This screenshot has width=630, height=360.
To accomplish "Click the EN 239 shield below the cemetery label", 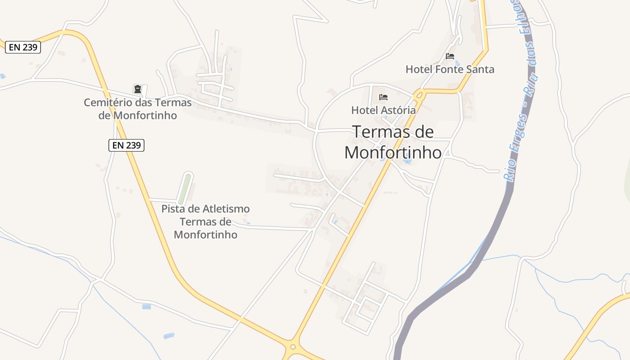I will [x=126, y=145].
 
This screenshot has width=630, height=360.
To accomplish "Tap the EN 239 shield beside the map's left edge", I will [x=23, y=47].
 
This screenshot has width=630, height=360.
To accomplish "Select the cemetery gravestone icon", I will [x=138, y=89].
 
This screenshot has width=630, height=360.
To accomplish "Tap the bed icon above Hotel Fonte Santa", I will [x=450, y=56].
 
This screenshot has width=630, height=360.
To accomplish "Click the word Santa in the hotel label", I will [x=481, y=69].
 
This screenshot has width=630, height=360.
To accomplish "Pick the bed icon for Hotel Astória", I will [x=383, y=97].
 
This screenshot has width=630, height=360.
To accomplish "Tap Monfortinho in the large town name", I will [x=393, y=153].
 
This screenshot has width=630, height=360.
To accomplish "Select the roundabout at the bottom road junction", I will [x=293, y=347].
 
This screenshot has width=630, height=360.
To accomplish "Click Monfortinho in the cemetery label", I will [x=145, y=115].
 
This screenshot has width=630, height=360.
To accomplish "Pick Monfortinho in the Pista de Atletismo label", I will [x=205, y=234].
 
